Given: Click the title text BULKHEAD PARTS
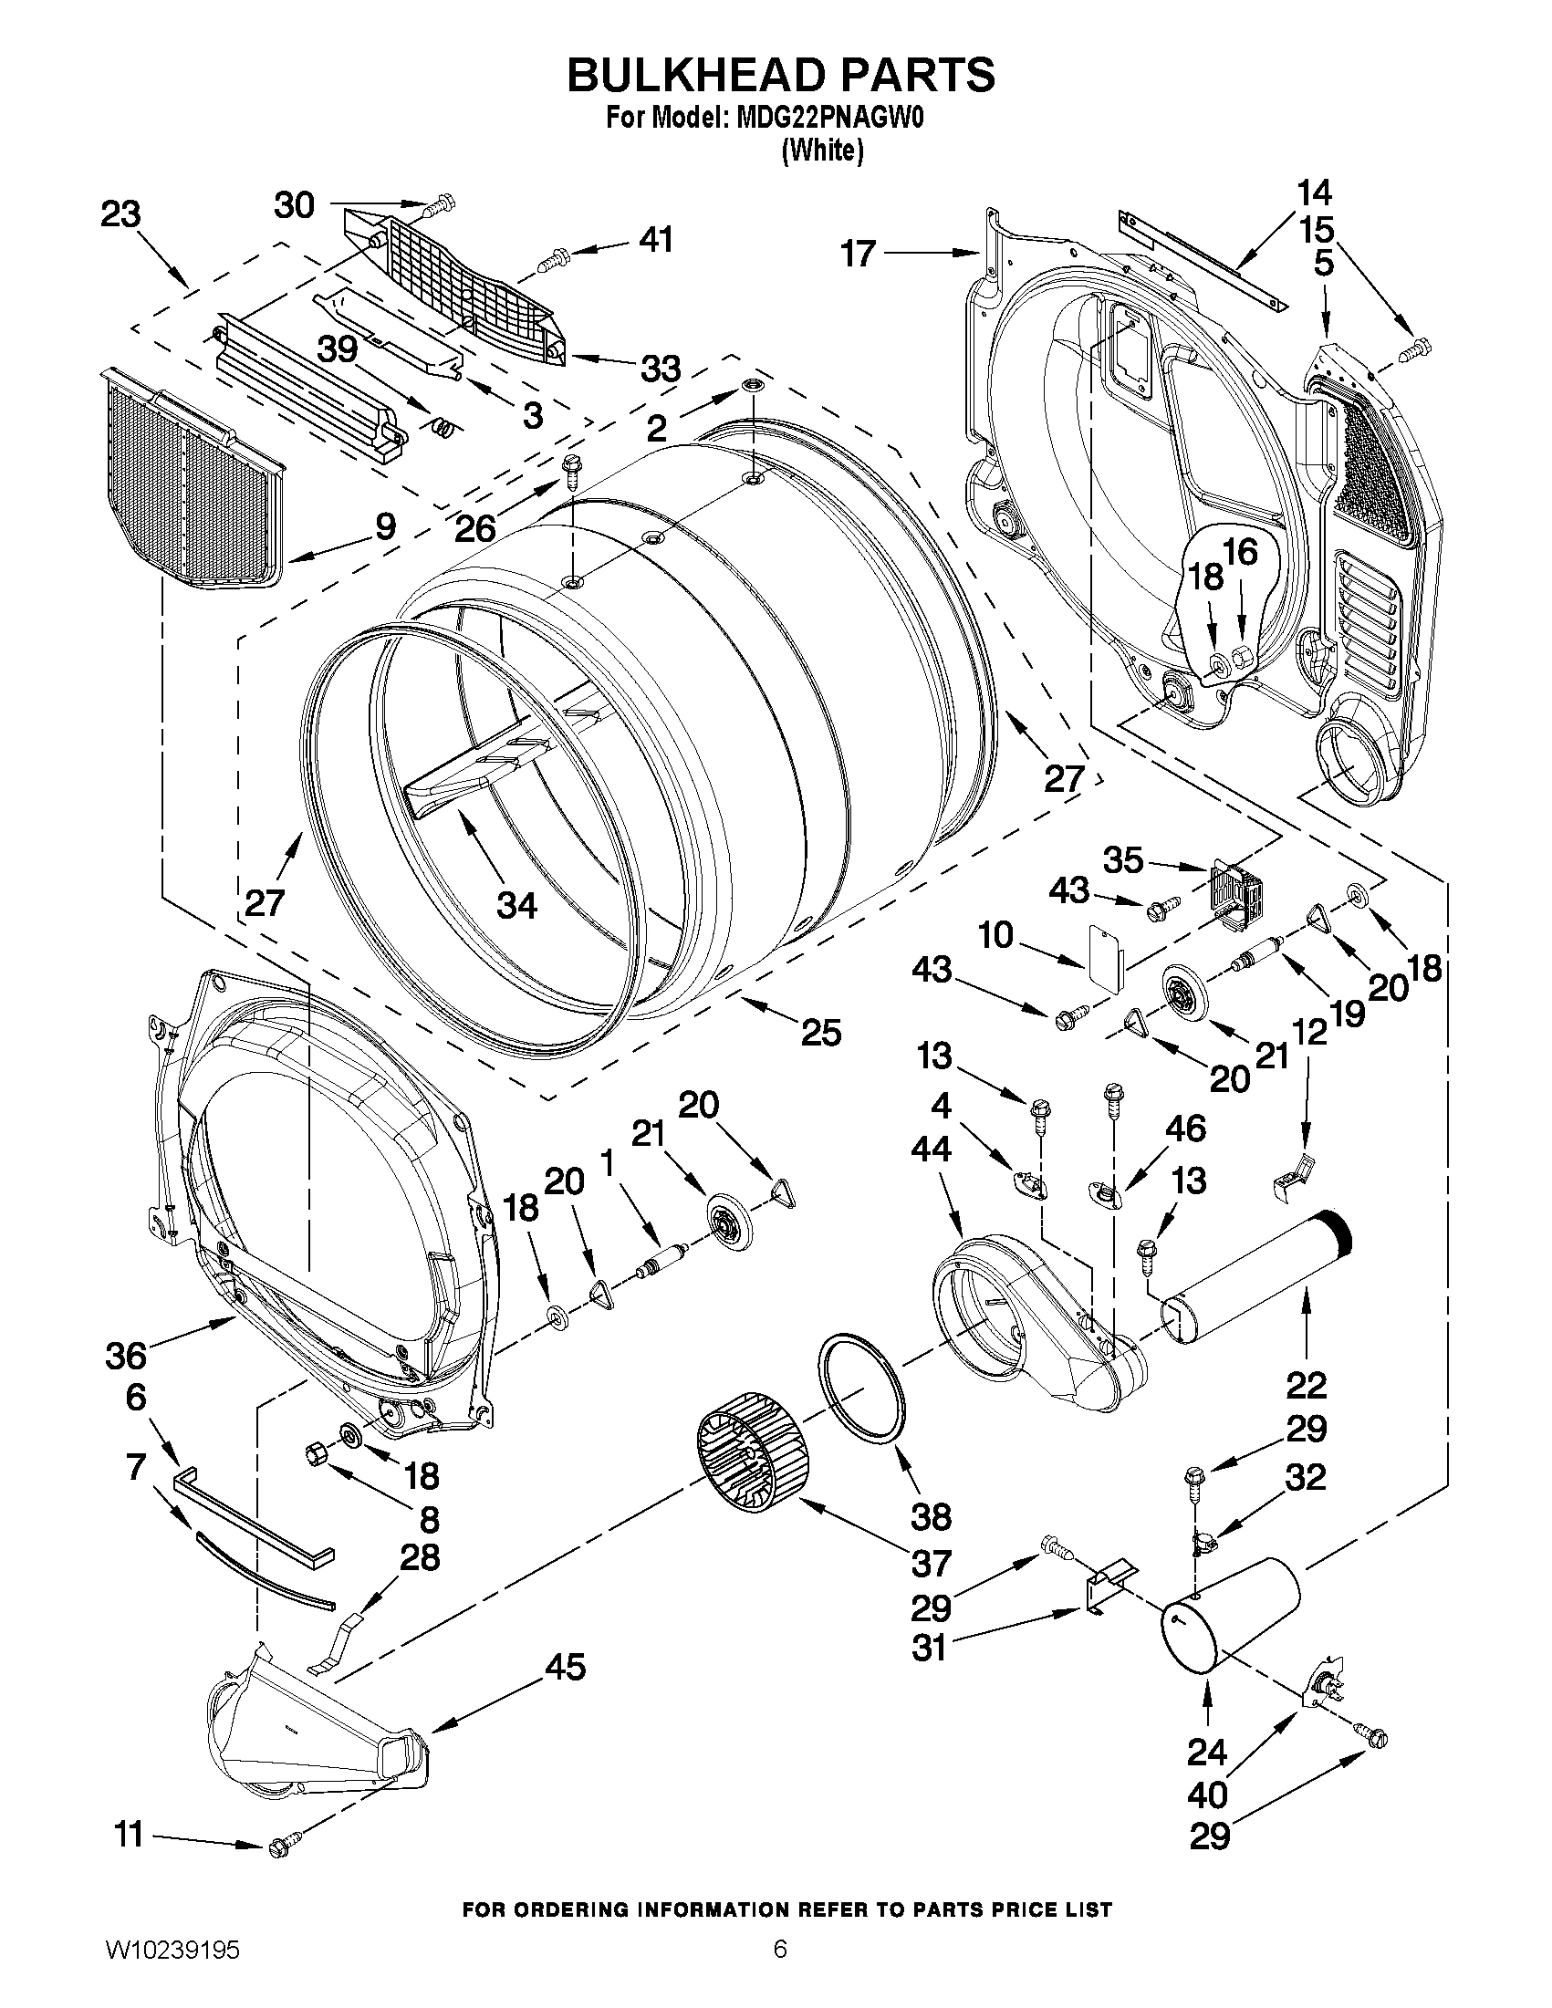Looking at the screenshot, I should pos(780,76).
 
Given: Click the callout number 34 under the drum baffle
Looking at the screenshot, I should pos(516,906).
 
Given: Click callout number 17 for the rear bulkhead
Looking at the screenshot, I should pos(859,253).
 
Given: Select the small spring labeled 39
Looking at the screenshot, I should pos(443,425).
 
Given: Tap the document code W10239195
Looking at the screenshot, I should pos(172,1970).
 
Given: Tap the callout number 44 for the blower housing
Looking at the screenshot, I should pos(931,1149).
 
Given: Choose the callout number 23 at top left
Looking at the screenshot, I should pos(120,214).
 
